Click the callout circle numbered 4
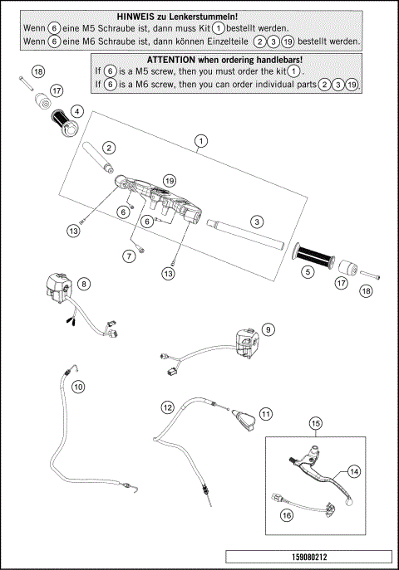point(76,110)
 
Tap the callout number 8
point(84,284)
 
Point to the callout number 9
point(268,329)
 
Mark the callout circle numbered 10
point(78,387)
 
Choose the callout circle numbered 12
point(167,407)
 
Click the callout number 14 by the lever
point(353,470)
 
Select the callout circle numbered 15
point(315,423)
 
